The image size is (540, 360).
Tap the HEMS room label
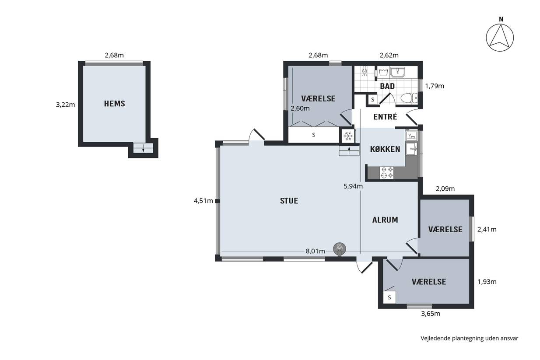coord(115,104)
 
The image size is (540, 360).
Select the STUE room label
coord(289,201)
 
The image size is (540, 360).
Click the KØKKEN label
coord(385,149)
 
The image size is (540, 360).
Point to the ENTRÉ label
coord(385,117)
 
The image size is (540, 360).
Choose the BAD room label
coord(387,86)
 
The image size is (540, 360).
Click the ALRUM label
coord(385,220)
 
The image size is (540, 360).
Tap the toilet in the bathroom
coord(409,98)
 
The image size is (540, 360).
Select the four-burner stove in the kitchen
coord(387,172)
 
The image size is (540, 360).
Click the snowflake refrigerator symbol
coord(348,136)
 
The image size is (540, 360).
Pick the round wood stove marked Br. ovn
coord(340,248)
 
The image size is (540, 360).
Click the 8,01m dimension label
coord(316,251)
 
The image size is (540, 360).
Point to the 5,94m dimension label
coord(353,186)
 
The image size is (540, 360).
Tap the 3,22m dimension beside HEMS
coord(65,105)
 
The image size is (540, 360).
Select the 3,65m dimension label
coord(431,314)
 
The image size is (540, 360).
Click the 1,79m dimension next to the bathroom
coord(435,86)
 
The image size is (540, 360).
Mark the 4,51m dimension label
coord(203,201)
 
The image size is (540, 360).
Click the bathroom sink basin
coord(397,72)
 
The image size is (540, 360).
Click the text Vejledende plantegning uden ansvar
coord(470,338)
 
